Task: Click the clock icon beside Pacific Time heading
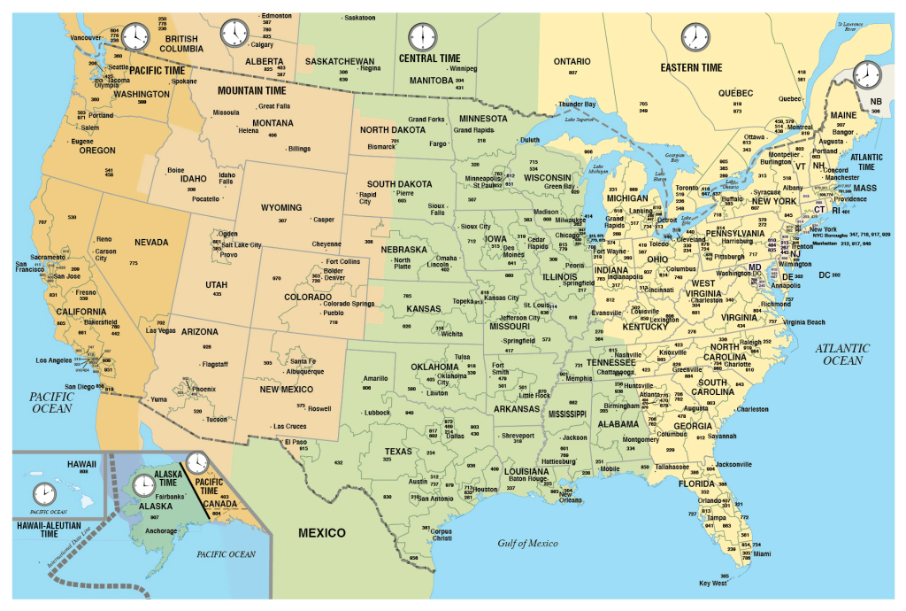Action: pyautogui.click(x=135, y=37)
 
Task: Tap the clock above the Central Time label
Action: pyautogui.click(x=423, y=37)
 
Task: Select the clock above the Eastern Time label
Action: pyautogui.click(x=695, y=37)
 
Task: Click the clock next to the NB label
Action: pyautogui.click(x=866, y=74)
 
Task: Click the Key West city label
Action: pyautogui.click(x=713, y=584)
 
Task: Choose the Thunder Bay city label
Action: pyautogui.click(x=577, y=104)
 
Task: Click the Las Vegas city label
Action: pyautogui.click(x=162, y=330)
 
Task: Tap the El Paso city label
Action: pyautogui.click(x=296, y=441)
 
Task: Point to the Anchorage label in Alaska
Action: pyautogui.click(x=161, y=531)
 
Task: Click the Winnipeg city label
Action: pyautogui.click(x=463, y=68)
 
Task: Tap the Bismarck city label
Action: pyautogui.click(x=381, y=146)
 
